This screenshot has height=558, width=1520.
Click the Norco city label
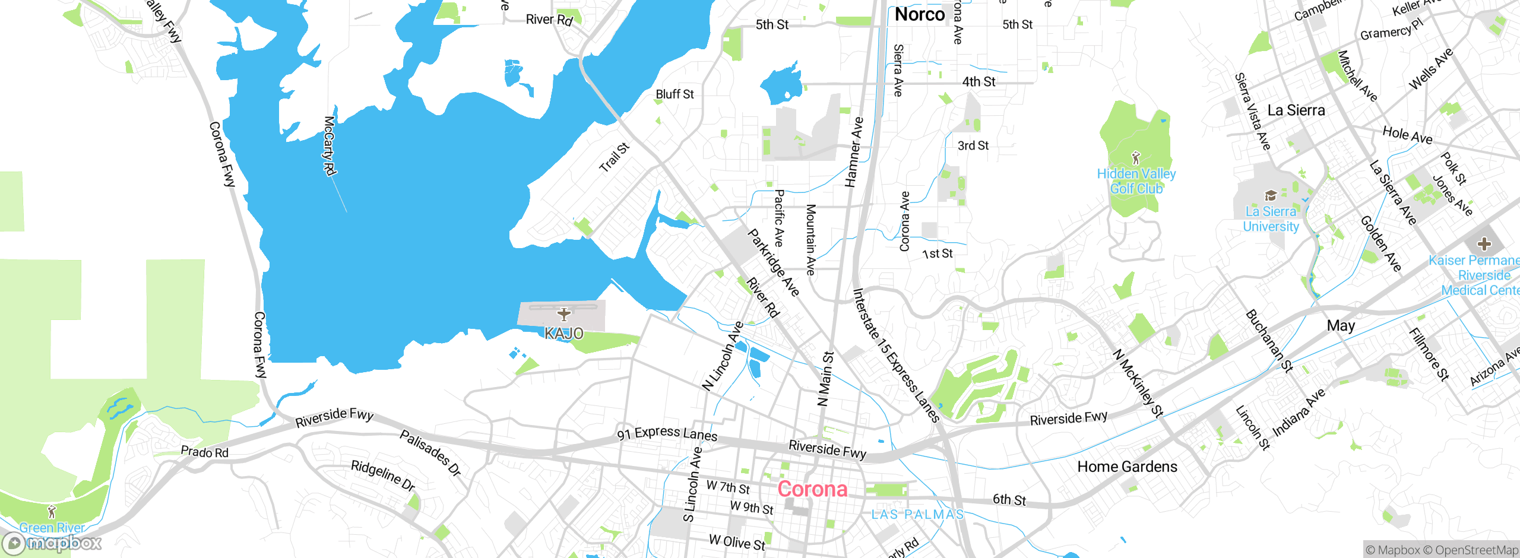(x=919, y=14)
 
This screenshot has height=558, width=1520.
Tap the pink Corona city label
(x=812, y=489)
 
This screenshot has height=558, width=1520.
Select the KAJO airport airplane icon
(x=563, y=314)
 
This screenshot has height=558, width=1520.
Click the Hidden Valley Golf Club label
(x=1136, y=181)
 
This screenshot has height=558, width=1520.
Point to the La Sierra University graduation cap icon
(x=1270, y=196)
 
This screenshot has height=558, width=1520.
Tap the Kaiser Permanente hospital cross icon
(x=1484, y=243)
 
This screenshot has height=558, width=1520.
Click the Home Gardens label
(x=1127, y=467)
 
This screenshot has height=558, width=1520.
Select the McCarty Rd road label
(x=330, y=145)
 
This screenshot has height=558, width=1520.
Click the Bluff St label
(x=674, y=94)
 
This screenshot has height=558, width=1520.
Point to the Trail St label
(x=614, y=158)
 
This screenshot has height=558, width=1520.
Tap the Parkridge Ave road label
(x=773, y=262)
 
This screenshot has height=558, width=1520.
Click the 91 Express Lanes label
(x=667, y=433)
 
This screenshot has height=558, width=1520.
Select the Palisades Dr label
(x=430, y=453)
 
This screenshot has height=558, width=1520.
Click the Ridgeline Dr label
(x=383, y=475)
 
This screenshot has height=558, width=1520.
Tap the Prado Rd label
(x=204, y=452)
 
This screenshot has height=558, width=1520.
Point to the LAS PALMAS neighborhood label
(x=917, y=515)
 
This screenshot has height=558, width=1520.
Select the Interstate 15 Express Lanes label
(x=895, y=355)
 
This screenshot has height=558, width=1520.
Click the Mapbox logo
(x=52, y=543)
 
